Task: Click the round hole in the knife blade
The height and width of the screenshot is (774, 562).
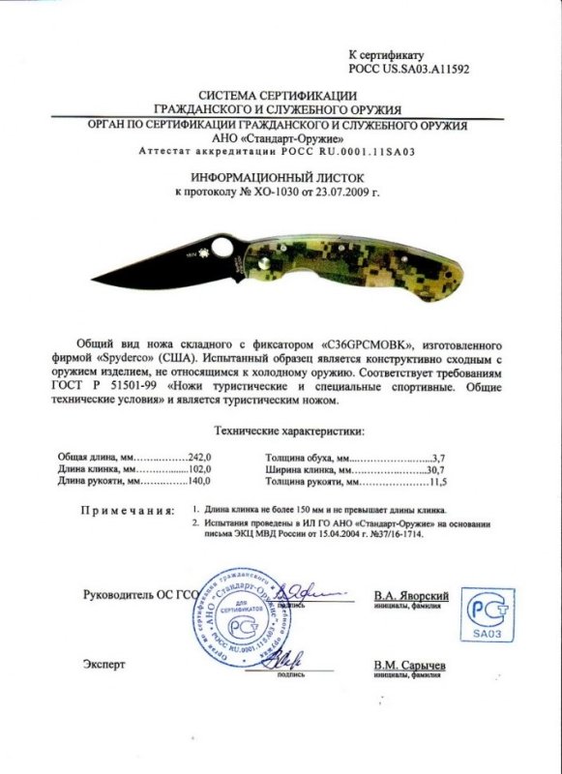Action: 222,248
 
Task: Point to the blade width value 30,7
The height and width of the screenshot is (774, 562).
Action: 435,467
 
